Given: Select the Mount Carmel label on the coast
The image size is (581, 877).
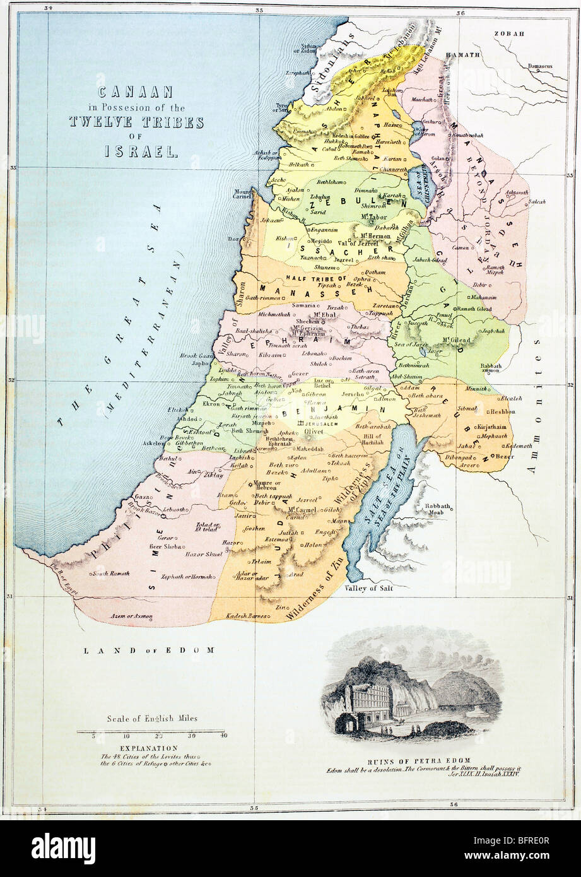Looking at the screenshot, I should [244, 192].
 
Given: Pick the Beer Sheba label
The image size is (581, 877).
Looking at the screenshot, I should [166, 546].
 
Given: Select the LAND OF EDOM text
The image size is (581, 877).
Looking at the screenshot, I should [150, 649].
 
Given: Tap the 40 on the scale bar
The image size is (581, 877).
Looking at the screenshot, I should [223, 736].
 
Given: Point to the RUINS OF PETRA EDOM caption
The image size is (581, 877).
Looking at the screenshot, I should [414, 762].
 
